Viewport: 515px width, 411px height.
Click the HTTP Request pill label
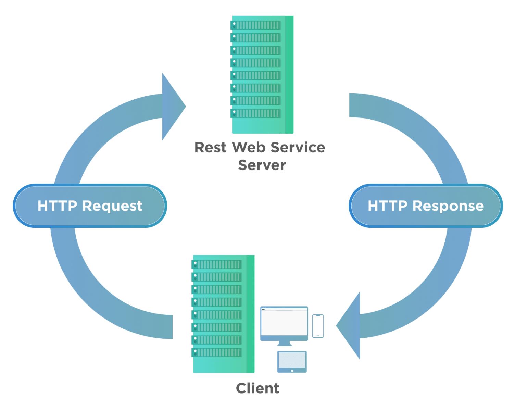tap(90, 206)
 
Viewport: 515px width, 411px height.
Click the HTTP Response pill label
tap(426, 206)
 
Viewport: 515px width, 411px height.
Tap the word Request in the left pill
tap(112, 206)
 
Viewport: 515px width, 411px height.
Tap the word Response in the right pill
tap(448, 206)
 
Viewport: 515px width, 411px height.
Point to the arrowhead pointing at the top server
tap(173, 106)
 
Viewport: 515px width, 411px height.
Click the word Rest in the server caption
tap(210, 148)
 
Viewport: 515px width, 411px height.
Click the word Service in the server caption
tap(298, 148)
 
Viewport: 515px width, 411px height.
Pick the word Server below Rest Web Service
tap(262, 165)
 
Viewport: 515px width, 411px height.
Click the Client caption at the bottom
tap(257, 388)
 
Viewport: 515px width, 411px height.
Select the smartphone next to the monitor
tap(318, 326)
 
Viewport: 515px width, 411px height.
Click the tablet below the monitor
tap(292, 361)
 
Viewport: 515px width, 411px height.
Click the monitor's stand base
tap(284, 344)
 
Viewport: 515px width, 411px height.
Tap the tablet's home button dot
tap(292, 371)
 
